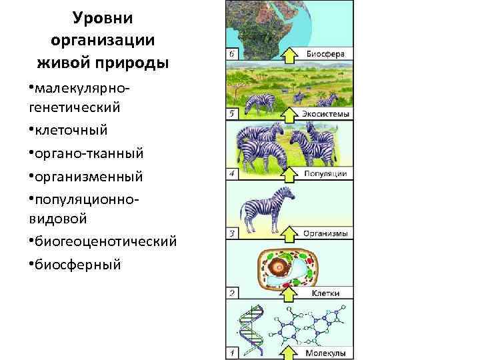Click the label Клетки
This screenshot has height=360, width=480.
point(325,293)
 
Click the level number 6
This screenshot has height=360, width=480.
point(231,53)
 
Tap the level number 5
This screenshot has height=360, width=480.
point(231,114)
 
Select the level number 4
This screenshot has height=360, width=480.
point(231,174)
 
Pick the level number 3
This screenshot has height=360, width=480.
point(231,234)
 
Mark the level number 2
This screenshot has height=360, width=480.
point(231,293)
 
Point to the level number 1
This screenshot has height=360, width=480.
point(231,352)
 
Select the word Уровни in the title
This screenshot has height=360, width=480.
point(103,16)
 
